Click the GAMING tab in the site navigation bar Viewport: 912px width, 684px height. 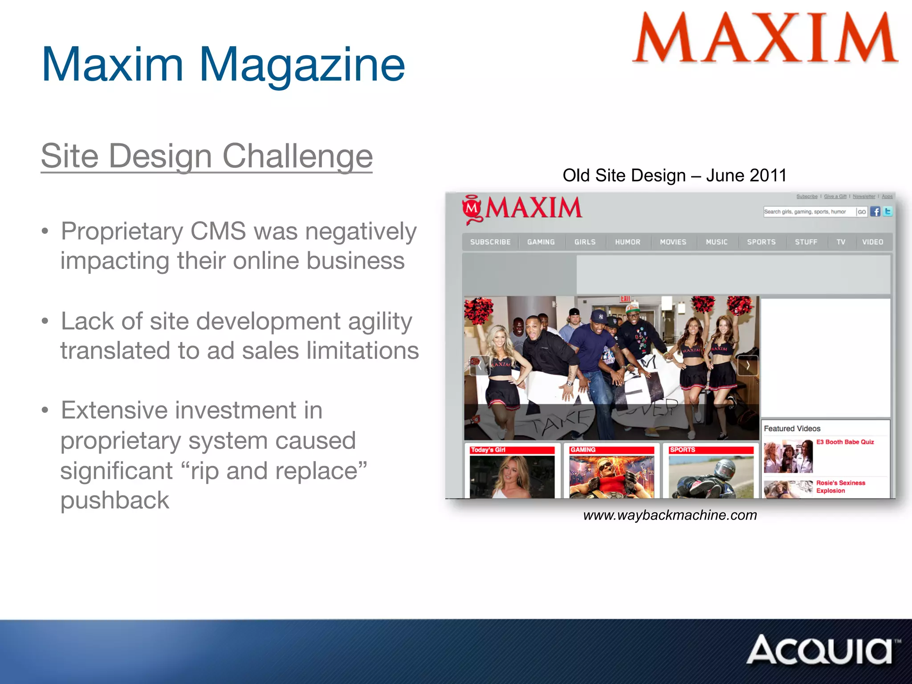click(x=541, y=242)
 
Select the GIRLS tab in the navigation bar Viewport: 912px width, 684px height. click(x=585, y=242)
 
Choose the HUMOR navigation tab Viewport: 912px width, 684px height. click(x=627, y=242)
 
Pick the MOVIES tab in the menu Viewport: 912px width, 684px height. click(x=673, y=242)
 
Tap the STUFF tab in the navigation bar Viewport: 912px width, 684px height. click(x=806, y=242)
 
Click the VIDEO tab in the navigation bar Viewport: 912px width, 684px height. click(x=872, y=242)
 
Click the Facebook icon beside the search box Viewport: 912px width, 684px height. click(x=875, y=212)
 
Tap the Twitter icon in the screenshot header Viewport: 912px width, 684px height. click(x=888, y=212)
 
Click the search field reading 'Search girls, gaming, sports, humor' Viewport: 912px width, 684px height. click(x=808, y=212)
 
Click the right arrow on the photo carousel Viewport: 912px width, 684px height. click(x=748, y=366)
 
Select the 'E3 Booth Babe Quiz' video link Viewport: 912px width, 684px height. click(x=845, y=442)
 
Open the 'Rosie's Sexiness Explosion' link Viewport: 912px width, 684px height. click(x=840, y=486)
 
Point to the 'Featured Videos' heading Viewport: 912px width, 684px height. click(x=792, y=428)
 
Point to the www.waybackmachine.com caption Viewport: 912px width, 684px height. click(x=670, y=515)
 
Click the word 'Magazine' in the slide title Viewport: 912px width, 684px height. click(x=301, y=65)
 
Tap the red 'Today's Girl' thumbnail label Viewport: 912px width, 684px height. click(x=488, y=450)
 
